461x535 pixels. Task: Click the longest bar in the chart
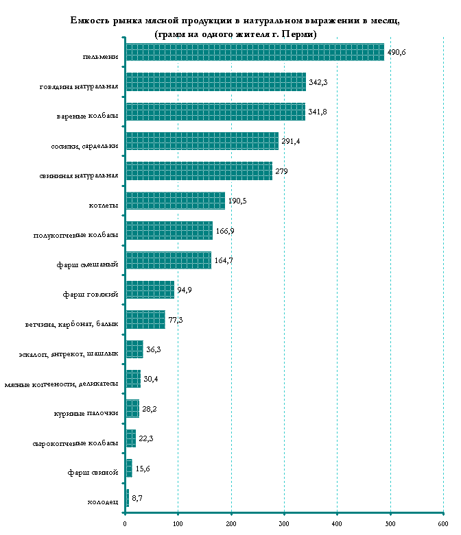255,52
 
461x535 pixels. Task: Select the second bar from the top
216,82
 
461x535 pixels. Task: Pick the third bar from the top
215,112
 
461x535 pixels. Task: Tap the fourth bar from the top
202,141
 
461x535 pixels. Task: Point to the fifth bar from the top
199,171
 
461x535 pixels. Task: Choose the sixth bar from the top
176,201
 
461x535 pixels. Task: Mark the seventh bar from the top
169,230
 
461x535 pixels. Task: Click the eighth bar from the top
169,260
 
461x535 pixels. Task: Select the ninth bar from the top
150,290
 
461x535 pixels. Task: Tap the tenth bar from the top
145,319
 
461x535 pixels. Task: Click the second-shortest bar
129,468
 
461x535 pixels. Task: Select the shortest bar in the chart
128,498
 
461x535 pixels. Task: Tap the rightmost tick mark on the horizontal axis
443,512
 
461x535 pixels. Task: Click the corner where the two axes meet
125,512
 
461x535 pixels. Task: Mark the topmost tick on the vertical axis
124,37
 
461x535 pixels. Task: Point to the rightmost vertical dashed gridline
443,274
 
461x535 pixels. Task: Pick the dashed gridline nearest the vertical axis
178,274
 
